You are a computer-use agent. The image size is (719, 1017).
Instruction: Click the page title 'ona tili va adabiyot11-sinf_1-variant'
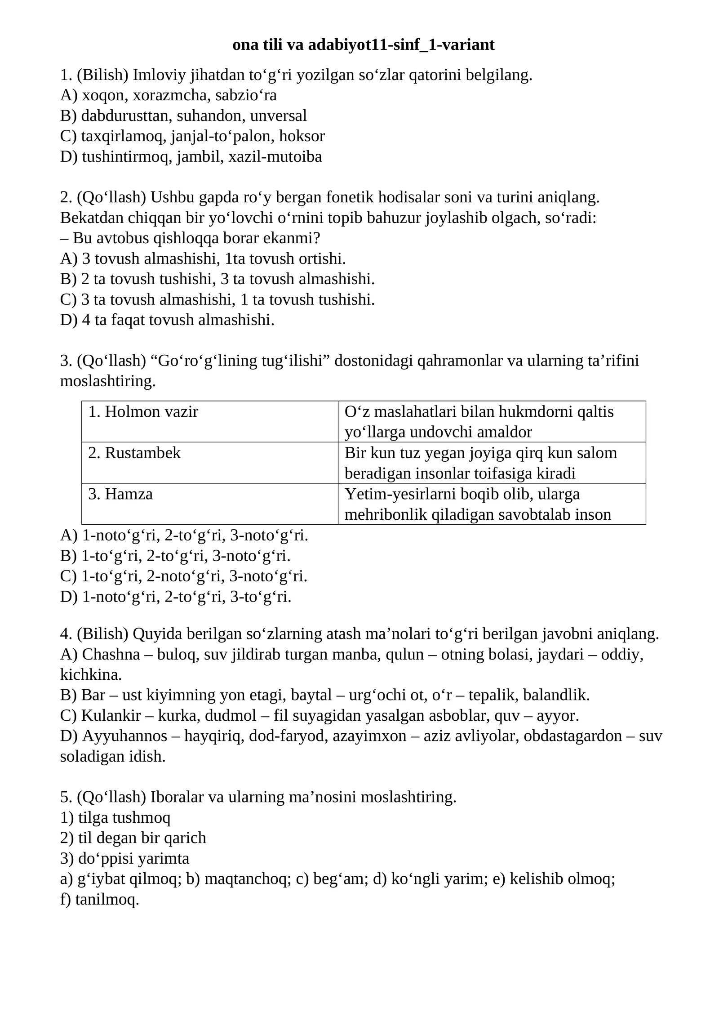click(363, 45)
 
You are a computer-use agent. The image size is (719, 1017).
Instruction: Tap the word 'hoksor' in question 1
click(302, 136)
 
